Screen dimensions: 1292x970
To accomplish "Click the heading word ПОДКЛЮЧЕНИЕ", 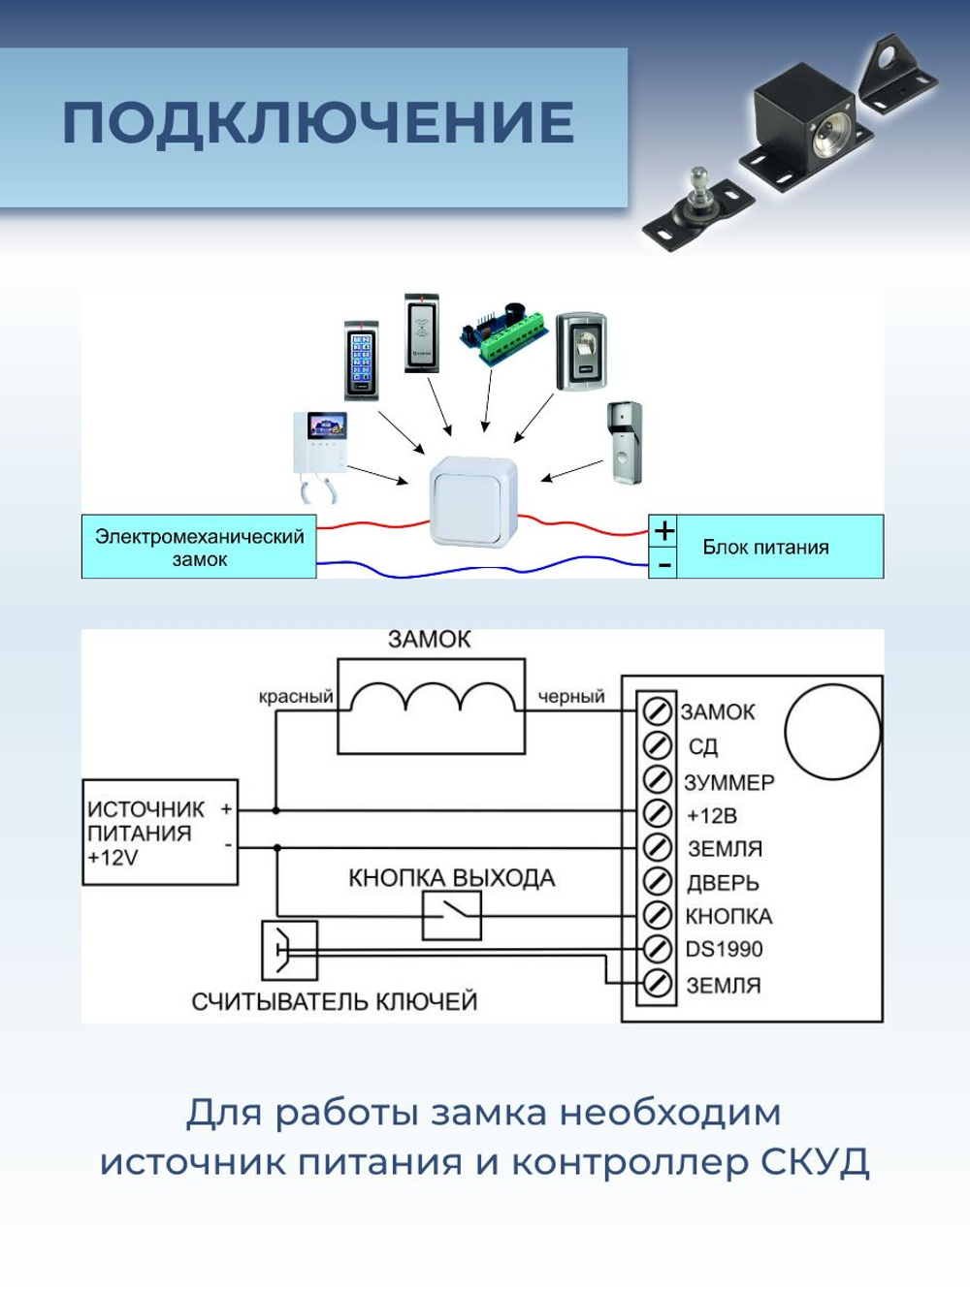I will point(318,123).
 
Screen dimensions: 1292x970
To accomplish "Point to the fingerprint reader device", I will point(581,350).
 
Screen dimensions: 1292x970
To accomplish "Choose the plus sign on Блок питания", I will point(663,531).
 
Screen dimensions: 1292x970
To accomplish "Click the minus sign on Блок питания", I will point(663,563).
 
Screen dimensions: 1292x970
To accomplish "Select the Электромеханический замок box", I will point(199,548).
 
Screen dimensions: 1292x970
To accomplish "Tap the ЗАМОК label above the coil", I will point(429,640).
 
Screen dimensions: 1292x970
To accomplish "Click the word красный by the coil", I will point(296,697).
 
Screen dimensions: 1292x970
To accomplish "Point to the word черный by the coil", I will point(571,697).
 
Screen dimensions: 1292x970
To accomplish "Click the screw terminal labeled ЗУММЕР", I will point(658,779).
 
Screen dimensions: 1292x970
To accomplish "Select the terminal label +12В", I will point(712,816).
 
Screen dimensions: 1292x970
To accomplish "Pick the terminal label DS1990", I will point(724,950).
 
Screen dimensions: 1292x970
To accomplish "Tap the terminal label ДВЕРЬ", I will point(723,883).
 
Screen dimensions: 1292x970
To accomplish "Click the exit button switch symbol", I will point(452,915).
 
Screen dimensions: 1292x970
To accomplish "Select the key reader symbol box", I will point(289,951).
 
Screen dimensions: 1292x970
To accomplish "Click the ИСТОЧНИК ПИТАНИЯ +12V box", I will point(160,833).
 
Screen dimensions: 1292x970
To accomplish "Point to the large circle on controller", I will point(832,732).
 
